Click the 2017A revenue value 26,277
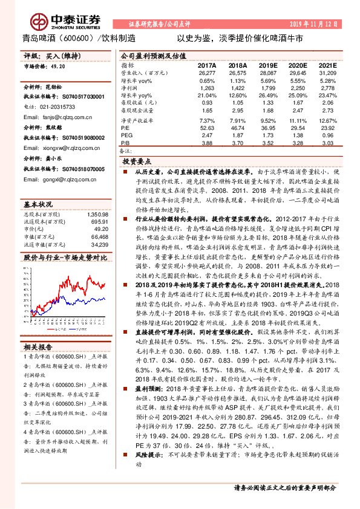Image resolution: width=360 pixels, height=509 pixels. click(206, 73)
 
